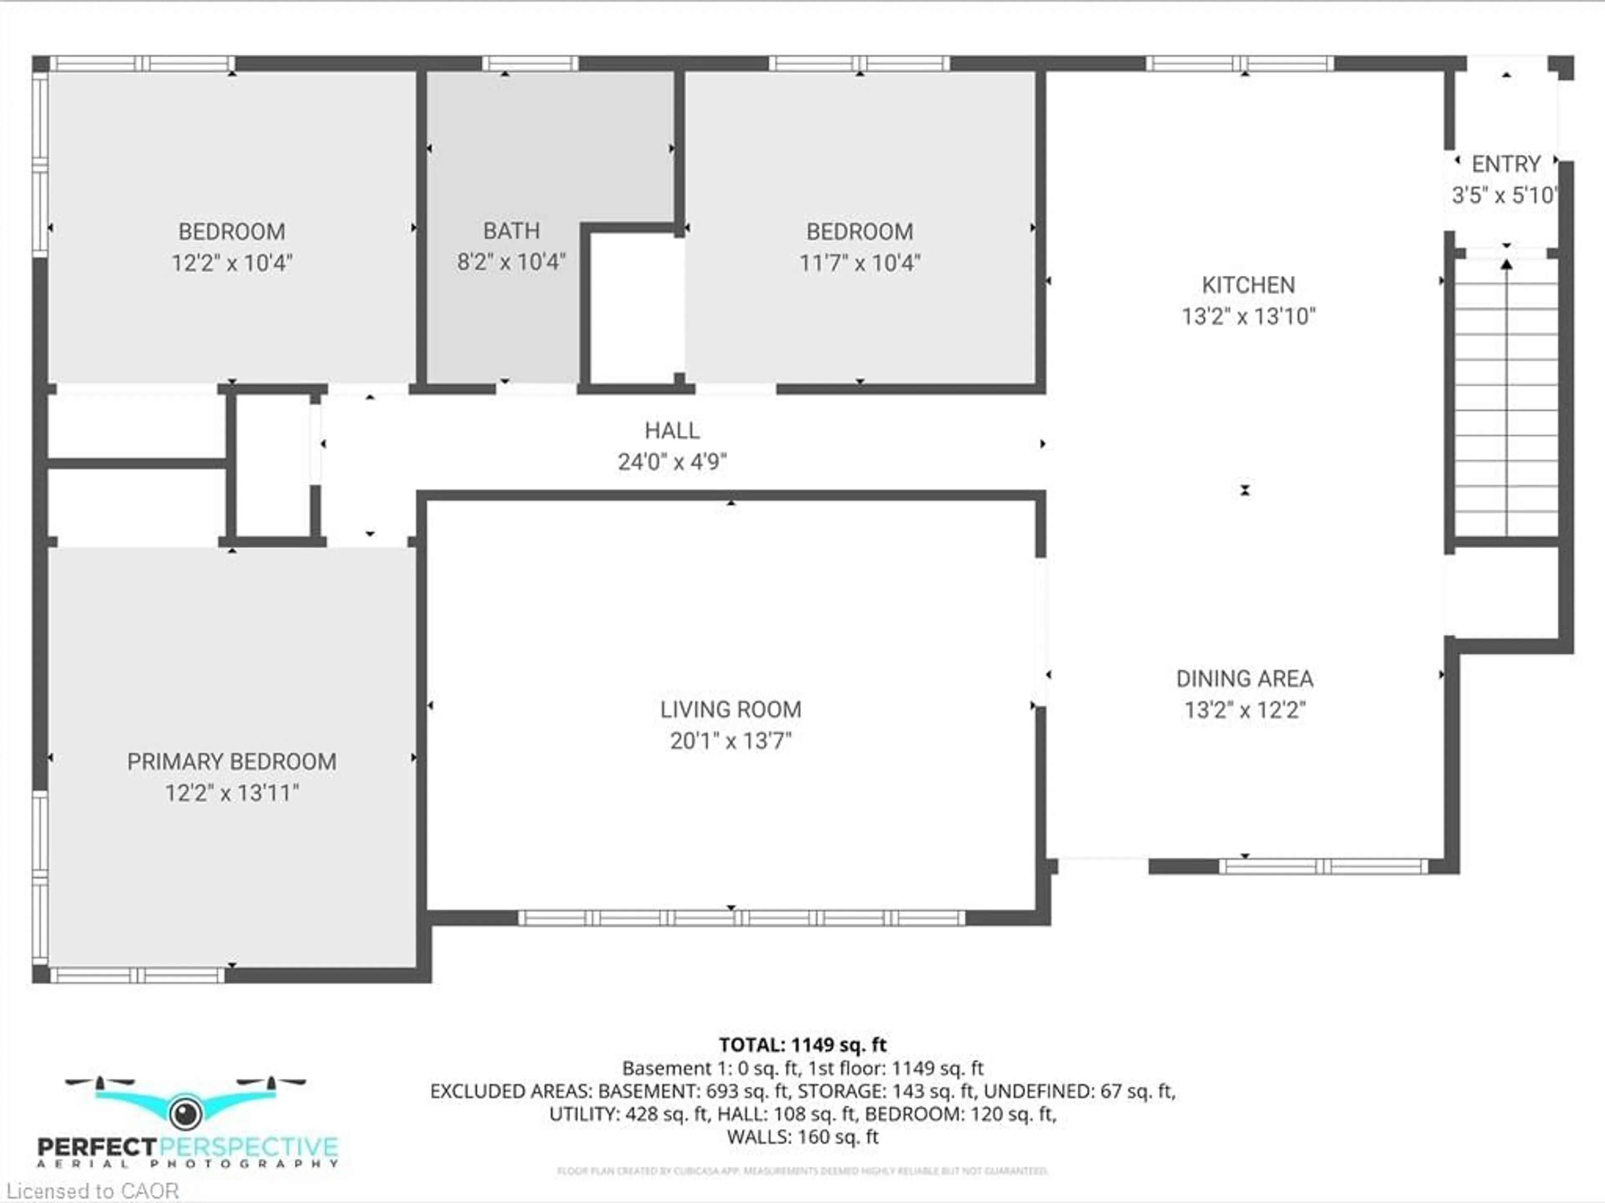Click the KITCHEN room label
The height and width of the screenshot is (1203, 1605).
coord(1248,285)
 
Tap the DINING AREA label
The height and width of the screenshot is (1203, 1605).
coord(1244,679)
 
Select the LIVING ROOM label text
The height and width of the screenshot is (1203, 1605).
coord(731,710)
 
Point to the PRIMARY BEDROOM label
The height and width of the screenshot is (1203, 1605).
coord(232,762)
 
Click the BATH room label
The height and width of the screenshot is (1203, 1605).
coord(512,231)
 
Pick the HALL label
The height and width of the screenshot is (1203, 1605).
coord(672,430)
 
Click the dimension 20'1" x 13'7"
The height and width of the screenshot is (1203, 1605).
coord(731,741)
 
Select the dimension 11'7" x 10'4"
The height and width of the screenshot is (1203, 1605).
coord(860,263)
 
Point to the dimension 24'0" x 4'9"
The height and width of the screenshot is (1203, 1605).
coord(672,461)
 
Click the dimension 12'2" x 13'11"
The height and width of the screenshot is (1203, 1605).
coord(232,793)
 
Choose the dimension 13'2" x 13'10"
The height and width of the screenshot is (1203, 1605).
coord(1248,316)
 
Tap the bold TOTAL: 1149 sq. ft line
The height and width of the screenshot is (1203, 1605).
coord(802,1045)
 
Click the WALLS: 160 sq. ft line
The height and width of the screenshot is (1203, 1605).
coord(802,1136)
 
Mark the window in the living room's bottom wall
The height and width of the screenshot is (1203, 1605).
coord(741,918)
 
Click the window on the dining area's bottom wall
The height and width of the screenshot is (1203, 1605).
coord(1323,866)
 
